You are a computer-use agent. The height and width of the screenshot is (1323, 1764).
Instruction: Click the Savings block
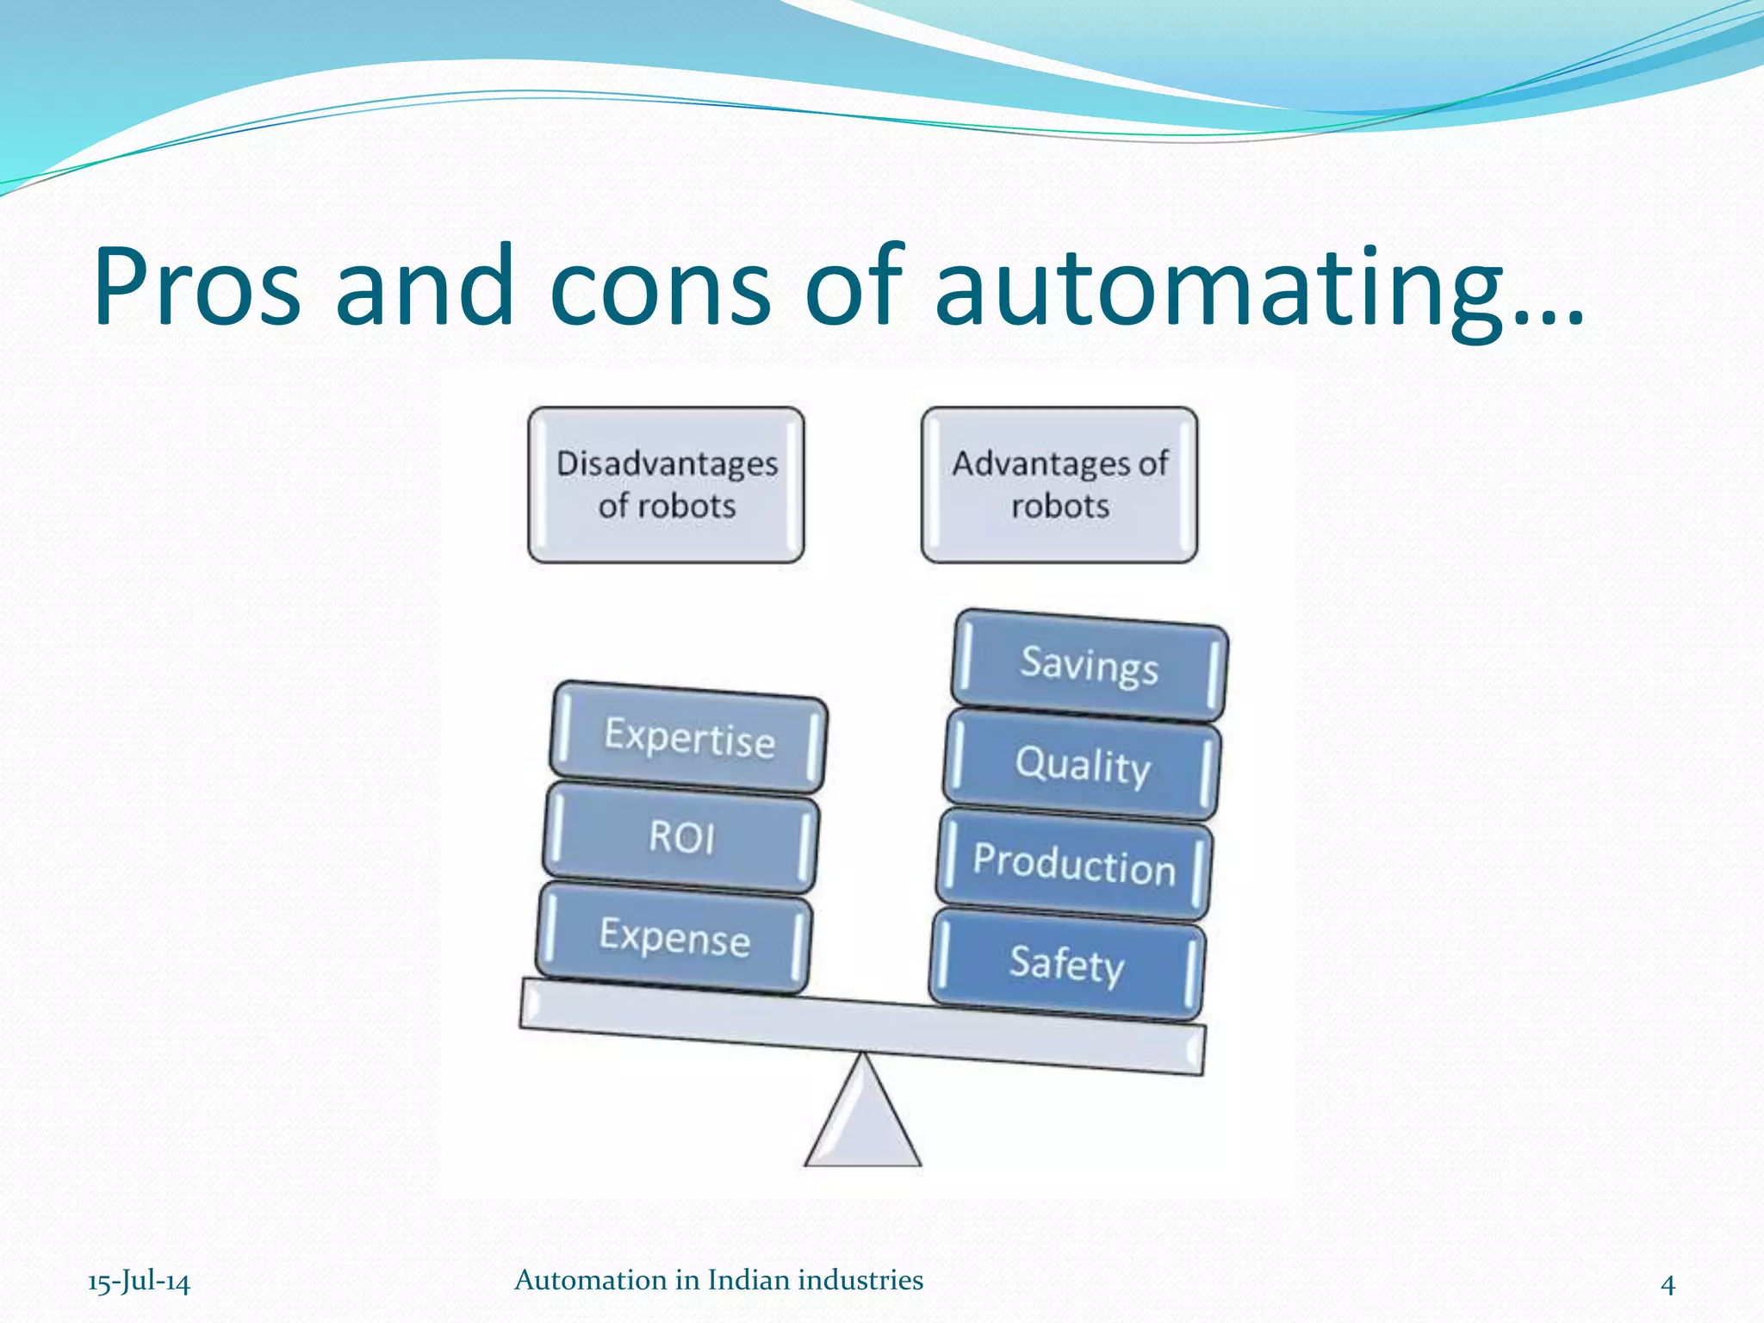1090,665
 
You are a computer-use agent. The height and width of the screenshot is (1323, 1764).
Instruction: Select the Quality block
1083,765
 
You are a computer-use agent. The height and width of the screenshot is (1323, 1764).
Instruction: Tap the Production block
1074,864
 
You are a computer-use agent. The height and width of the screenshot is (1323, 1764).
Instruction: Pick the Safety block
1067,964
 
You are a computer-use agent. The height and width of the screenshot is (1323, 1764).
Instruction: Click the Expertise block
689,737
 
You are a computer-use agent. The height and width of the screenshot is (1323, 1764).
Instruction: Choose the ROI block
681,836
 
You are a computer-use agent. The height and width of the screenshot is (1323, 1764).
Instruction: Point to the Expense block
674,936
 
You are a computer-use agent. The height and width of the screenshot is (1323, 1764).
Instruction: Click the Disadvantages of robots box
667,485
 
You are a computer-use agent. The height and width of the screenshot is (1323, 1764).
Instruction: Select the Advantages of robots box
1059,485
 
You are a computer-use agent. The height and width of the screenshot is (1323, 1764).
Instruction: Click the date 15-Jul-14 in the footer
139,1282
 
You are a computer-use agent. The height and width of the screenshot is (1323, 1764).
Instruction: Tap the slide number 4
1668,1284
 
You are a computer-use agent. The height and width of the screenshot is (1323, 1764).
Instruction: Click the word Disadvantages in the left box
667,464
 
